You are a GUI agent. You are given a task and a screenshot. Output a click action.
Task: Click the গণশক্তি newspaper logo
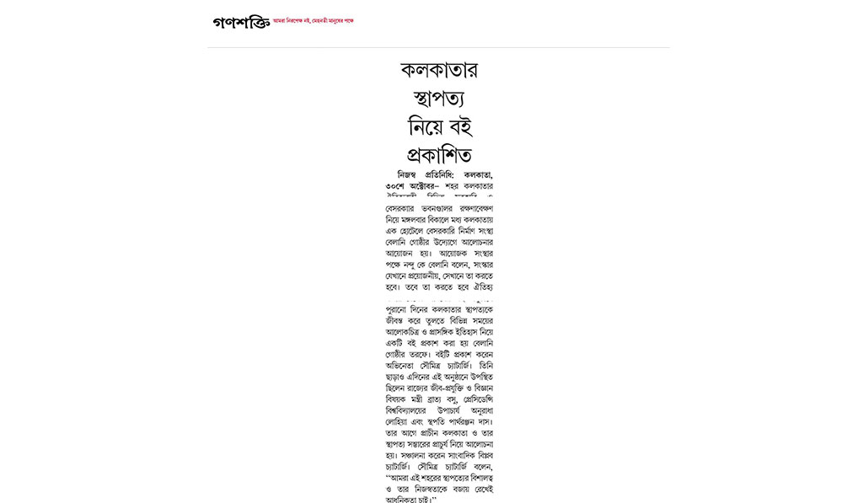241,22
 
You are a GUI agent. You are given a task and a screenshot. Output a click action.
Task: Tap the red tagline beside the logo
314,20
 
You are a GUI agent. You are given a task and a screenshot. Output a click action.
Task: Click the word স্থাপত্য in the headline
440,98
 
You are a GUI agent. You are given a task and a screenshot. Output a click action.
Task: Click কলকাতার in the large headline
440,69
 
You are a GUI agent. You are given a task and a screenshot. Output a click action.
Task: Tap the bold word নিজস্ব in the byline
402,174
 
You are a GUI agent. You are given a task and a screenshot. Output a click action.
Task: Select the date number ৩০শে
396,185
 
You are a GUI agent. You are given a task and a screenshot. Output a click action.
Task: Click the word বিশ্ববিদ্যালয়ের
411,409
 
